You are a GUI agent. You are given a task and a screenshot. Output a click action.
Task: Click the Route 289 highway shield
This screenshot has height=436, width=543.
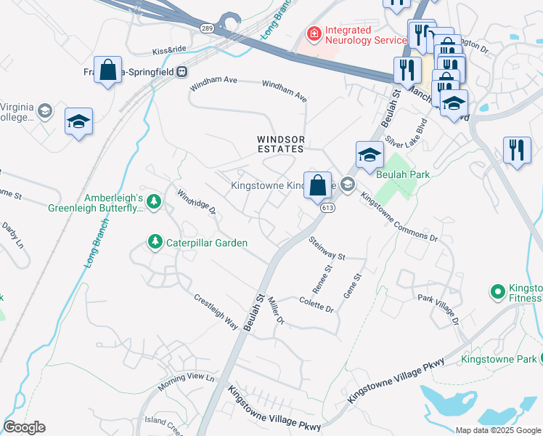point(207,27)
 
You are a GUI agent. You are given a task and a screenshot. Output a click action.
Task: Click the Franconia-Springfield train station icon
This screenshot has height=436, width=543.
point(181,71)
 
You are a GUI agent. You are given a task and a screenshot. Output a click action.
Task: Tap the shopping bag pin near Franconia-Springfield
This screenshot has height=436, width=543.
point(107,70)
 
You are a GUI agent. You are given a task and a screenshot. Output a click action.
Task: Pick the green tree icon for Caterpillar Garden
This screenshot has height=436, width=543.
point(155,242)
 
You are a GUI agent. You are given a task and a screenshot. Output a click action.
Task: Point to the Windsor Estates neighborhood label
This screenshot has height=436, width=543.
point(278,143)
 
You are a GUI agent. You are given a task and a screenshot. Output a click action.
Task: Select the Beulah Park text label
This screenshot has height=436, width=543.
point(403,174)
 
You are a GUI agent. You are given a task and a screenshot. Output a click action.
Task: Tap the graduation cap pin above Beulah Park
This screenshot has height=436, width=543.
point(369,154)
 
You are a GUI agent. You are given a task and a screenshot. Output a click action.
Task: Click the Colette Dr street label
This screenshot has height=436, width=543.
point(317,304)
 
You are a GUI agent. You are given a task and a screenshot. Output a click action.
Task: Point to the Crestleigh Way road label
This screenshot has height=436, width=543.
point(216,311)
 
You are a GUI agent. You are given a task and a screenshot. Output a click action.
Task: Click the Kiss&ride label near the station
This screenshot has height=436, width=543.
point(170,50)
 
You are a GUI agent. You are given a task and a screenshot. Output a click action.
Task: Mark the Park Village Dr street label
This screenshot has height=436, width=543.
point(438,310)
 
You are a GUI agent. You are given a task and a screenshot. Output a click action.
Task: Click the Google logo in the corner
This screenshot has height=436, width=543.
point(24,427)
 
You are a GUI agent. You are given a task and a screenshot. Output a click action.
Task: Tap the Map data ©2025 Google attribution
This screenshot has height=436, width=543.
point(497,430)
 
